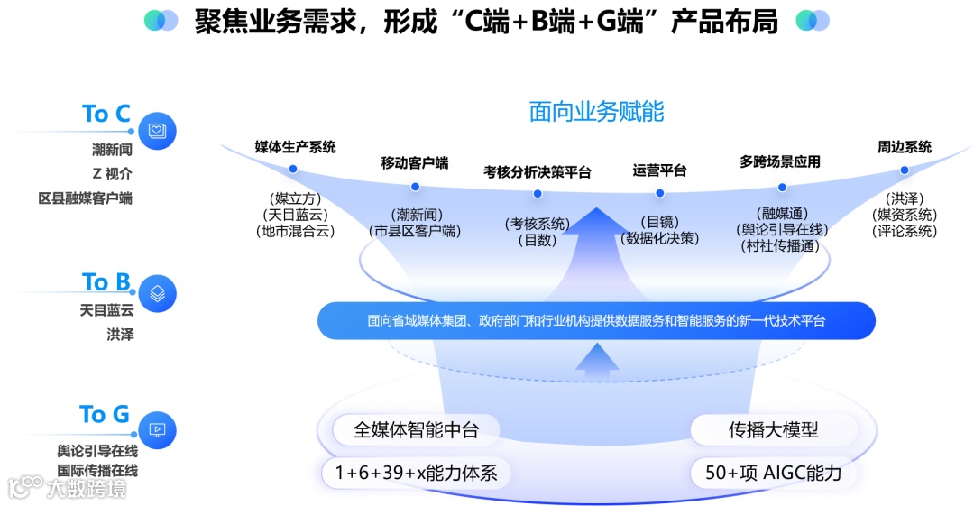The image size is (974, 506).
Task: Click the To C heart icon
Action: (157, 131)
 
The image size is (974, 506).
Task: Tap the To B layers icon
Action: (157, 293)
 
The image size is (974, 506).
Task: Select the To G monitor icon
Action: (157, 430)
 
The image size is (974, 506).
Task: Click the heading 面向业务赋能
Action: (596, 112)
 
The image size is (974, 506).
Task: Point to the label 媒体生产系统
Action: (295, 147)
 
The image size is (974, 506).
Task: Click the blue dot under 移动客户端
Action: (415, 187)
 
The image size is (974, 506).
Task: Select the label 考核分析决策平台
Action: (538, 171)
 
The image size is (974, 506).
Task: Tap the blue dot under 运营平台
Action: (659, 192)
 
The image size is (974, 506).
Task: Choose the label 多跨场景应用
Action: (780, 162)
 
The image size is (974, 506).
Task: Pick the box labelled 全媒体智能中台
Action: (416, 430)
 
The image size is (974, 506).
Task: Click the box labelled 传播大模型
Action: (774, 430)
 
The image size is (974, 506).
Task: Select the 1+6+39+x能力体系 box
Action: (416, 472)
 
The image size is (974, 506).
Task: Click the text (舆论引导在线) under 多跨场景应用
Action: (781, 230)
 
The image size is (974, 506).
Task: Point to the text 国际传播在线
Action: (97, 470)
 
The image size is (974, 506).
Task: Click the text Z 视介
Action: (112, 174)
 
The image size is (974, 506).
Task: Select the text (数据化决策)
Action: (660, 238)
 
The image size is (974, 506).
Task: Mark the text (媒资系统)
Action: (905, 215)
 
